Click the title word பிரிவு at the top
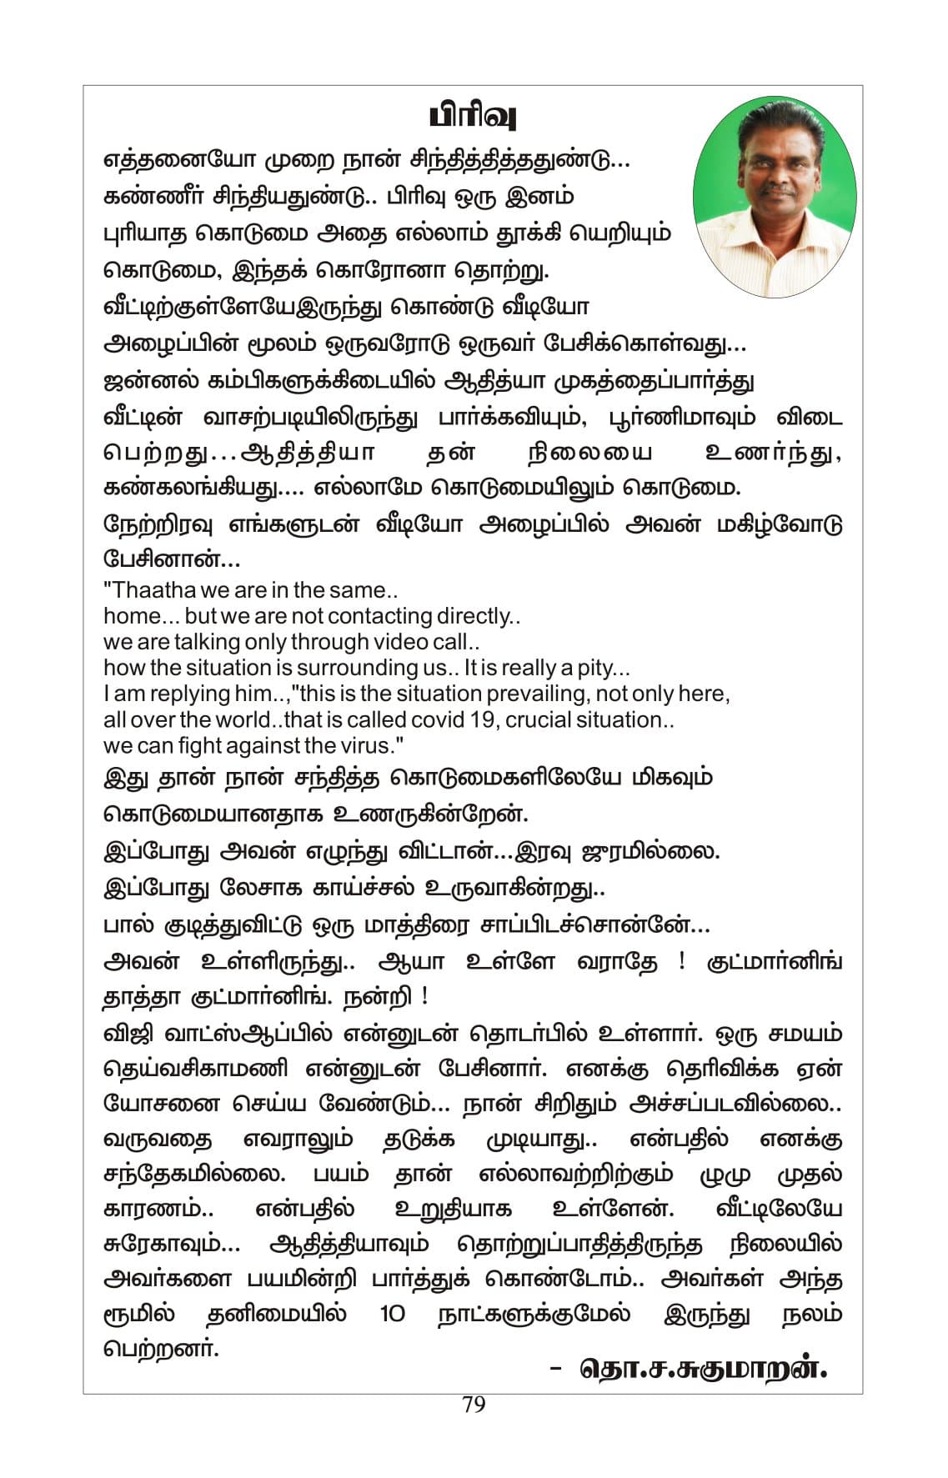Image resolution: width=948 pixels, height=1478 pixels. point(473,116)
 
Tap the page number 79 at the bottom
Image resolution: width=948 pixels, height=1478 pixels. point(473,1405)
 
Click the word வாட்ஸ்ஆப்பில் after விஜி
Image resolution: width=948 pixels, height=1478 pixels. point(248,1033)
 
